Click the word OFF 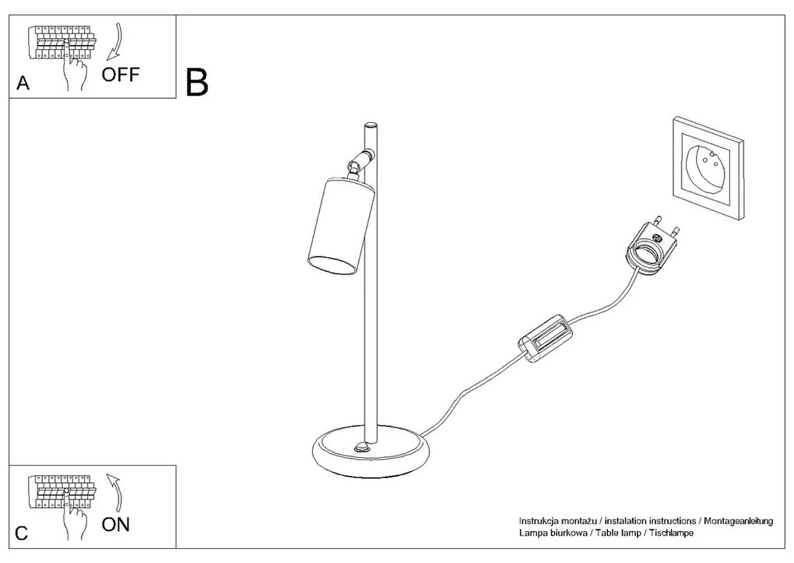point(120,75)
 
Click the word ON point(116,525)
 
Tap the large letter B point(197,83)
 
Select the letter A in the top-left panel point(23,83)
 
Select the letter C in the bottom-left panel point(22,533)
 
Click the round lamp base point(371,451)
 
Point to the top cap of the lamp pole point(371,125)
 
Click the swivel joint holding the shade point(360,162)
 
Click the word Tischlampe point(671,533)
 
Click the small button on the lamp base point(363,447)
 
